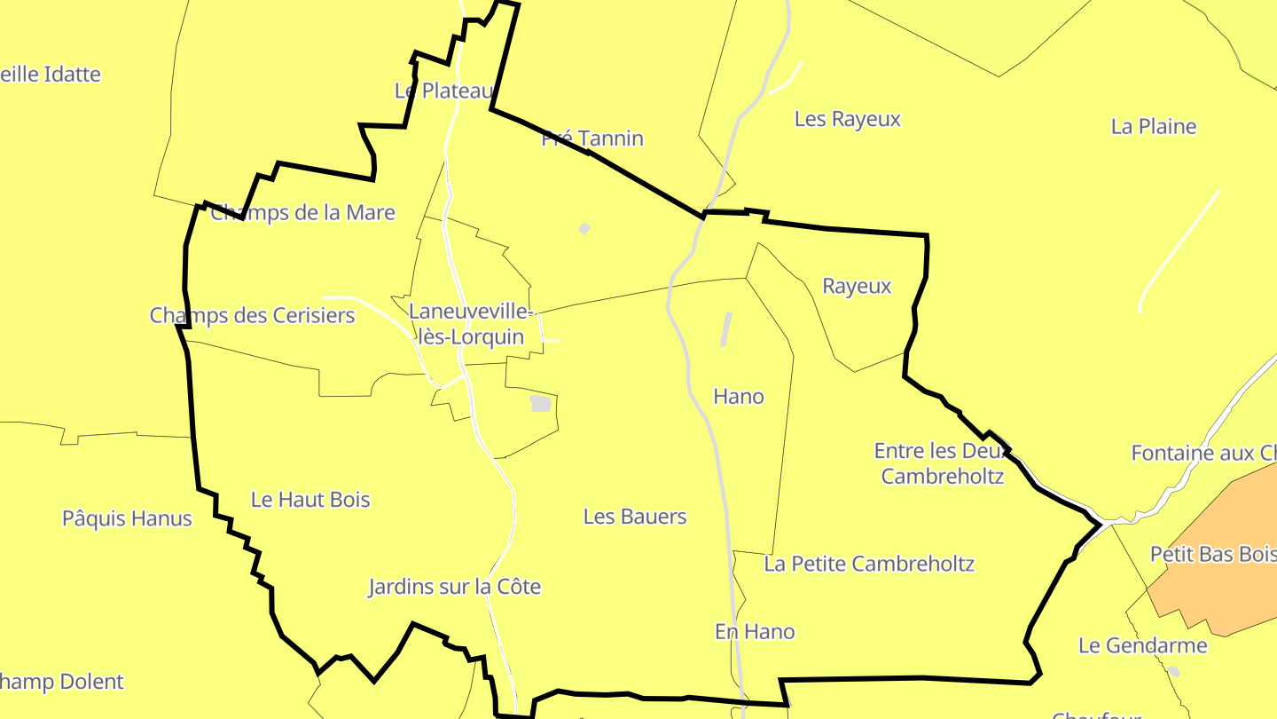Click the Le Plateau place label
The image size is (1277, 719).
pos(443,91)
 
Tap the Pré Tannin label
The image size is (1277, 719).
pos(592,138)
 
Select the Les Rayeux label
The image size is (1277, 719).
pos(848,119)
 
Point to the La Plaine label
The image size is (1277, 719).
pos(1154,126)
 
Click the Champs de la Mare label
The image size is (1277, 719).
pos(303,213)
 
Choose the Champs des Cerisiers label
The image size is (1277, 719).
pos(252,315)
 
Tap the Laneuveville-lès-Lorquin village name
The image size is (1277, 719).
pos(470,325)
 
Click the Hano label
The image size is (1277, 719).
pos(739,397)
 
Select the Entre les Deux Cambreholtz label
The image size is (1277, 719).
pos(942,463)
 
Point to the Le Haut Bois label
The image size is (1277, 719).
pos(310,500)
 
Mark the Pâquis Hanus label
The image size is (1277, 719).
pos(127,518)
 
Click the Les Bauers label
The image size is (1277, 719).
pos(635,517)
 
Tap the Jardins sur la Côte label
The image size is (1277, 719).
pos(454,587)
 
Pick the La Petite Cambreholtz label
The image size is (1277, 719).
pos(869,564)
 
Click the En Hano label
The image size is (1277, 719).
pos(755,631)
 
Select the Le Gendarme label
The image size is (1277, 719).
pos(1142,645)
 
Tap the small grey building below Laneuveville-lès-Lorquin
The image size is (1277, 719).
pos(540,404)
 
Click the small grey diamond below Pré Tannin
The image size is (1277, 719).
pos(584,229)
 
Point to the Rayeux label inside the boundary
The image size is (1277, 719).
pos(857,286)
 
